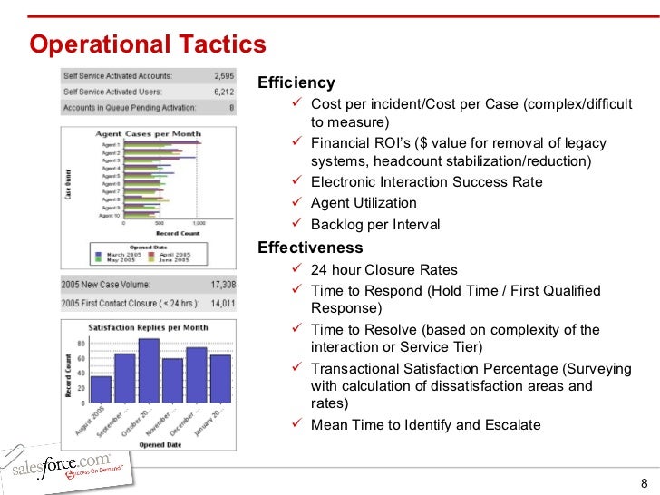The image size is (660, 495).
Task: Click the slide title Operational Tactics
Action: [x=148, y=44]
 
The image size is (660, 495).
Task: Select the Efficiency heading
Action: [x=296, y=82]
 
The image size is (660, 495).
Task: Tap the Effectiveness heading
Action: [x=310, y=247]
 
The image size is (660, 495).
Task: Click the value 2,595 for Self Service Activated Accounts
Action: [x=221, y=76]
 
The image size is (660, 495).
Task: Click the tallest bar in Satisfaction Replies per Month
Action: [x=149, y=370]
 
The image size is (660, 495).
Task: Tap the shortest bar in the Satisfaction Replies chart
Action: [x=101, y=389]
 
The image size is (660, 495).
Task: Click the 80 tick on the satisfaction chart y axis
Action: [x=81, y=344]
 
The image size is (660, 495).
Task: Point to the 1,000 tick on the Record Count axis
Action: [x=199, y=223]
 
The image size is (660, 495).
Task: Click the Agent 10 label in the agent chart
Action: [x=111, y=216]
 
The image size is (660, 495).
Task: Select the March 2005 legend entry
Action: [x=123, y=254]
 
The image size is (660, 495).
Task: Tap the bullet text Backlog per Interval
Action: [x=374, y=225]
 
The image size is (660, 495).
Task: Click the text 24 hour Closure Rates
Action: [x=383, y=269]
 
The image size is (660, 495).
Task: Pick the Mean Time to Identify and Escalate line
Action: [x=425, y=424]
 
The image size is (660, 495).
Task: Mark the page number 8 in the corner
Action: [x=645, y=482]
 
